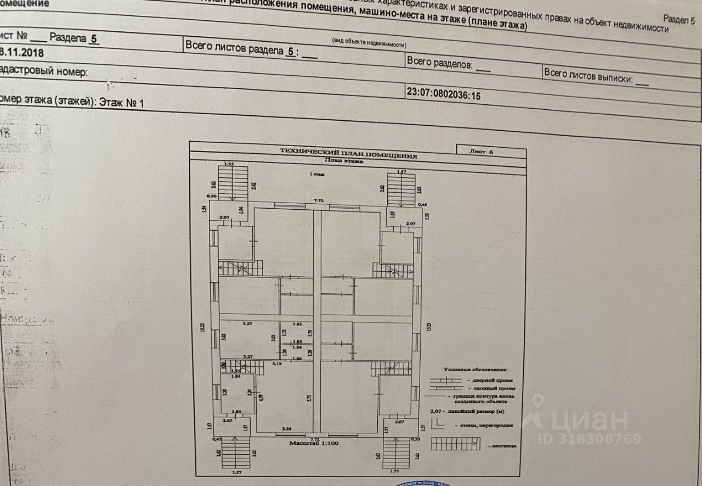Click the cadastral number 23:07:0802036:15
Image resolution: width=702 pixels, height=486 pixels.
pyautogui.click(x=443, y=93)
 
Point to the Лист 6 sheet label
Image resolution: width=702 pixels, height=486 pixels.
pyautogui.click(x=482, y=152)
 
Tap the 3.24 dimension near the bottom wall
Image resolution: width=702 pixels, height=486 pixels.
pyautogui.click(x=286, y=428)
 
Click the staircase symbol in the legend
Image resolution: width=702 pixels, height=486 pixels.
pyautogui.click(x=455, y=443)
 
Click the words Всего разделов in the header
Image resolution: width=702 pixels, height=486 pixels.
pyautogui.click(x=439, y=63)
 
